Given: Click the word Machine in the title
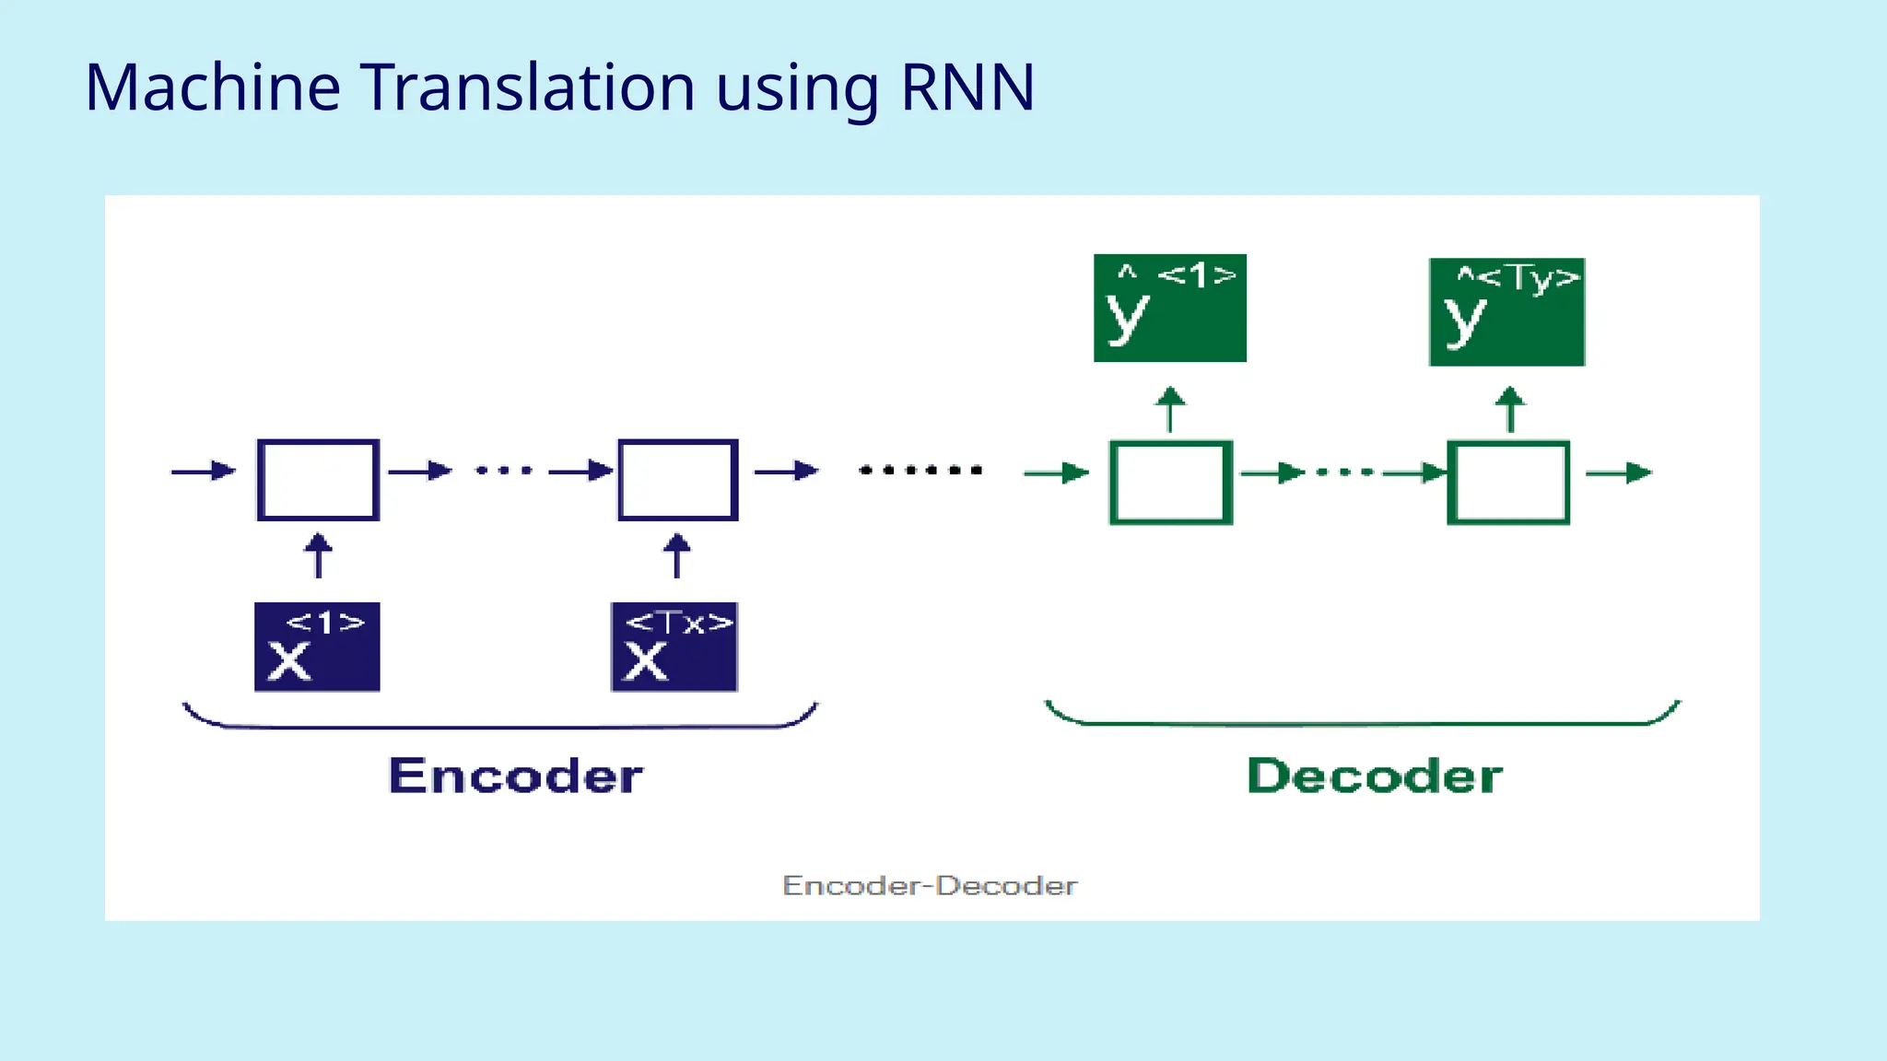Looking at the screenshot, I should [x=213, y=87].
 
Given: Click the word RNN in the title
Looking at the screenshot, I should [x=967, y=87].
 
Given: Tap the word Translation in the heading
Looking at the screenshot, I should [x=528, y=87].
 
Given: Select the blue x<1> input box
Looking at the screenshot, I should [x=317, y=647].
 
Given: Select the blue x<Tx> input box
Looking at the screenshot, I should [x=674, y=647].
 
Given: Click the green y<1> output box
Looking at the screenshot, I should [x=1169, y=308].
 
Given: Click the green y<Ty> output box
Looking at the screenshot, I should [x=1506, y=311].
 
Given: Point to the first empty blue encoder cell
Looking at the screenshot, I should [x=318, y=480].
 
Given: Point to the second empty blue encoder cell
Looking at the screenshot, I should [x=677, y=480].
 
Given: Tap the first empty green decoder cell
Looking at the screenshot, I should [x=1170, y=483].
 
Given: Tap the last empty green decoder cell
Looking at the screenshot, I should [x=1508, y=483].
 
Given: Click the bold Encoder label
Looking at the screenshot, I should [x=515, y=775].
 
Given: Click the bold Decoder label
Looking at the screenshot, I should [x=1375, y=775].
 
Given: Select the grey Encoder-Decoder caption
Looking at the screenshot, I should [x=930, y=886].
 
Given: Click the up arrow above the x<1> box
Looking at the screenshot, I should [x=318, y=555].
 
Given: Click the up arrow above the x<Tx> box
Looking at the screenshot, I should [x=677, y=555].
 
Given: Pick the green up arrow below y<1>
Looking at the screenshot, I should [x=1170, y=410].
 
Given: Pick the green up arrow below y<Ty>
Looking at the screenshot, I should [x=1509, y=410].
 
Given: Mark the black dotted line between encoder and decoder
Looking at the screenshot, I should [x=920, y=471].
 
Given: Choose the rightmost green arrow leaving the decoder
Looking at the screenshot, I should [x=1619, y=472].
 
